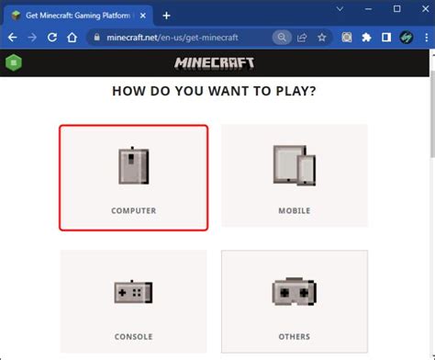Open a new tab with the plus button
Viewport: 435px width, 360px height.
166,16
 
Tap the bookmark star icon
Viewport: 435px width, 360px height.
322,38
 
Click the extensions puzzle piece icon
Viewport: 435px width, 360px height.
366,38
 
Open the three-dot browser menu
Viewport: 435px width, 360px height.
425,38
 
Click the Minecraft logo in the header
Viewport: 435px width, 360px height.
216,63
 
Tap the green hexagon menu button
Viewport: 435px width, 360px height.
13,63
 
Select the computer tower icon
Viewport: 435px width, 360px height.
133,166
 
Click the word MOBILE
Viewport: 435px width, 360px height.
294,211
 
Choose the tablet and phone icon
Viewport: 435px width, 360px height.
294,166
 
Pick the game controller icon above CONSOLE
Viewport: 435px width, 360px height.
133,292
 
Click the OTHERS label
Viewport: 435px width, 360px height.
294,337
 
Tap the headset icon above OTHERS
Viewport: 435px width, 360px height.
294,292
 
